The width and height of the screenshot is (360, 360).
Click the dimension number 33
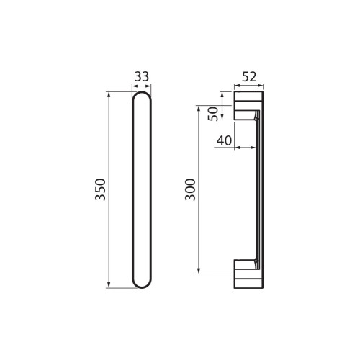[x=142, y=77]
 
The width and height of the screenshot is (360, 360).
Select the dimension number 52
[x=249, y=77]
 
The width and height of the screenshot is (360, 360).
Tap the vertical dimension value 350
[x=100, y=189]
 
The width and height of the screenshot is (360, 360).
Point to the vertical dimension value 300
[x=190, y=189]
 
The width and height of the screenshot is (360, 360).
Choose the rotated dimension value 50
[x=213, y=114]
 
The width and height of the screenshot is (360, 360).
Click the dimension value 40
[x=224, y=140]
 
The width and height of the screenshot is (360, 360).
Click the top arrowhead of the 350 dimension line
[x=109, y=94]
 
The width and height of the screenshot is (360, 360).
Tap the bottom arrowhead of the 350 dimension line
[x=109, y=285]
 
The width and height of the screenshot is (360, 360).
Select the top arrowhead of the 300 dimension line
[x=199, y=108]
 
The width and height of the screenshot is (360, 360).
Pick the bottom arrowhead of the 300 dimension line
[x=199, y=271]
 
